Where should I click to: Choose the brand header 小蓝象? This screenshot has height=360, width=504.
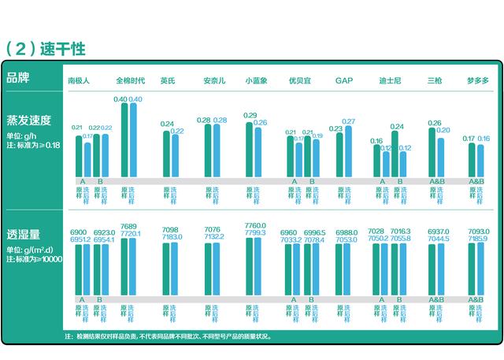pyautogui.click(x=257, y=80)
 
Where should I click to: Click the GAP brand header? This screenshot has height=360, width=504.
pyautogui.click(x=343, y=80)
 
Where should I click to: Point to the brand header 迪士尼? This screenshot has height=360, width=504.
pyautogui.click(x=391, y=80)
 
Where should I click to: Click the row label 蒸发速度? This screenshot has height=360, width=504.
pyautogui.click(x=28, y=121)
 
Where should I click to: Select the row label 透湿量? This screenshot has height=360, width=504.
pyautogui.click(x=23, y=235)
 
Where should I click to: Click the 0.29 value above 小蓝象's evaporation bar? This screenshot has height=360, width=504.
pyautogui.click(x=250, y=116)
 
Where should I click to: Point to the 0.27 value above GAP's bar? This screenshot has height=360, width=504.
pyautogui.click(x=349, y=121)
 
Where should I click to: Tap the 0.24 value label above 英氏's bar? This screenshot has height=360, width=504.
pyautogui.click(x=167, y=124)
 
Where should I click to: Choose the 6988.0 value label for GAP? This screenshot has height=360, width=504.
pyautogui.click(x=346, y=232)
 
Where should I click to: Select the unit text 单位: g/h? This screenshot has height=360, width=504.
pyautogui.click(x=23, y=135)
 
